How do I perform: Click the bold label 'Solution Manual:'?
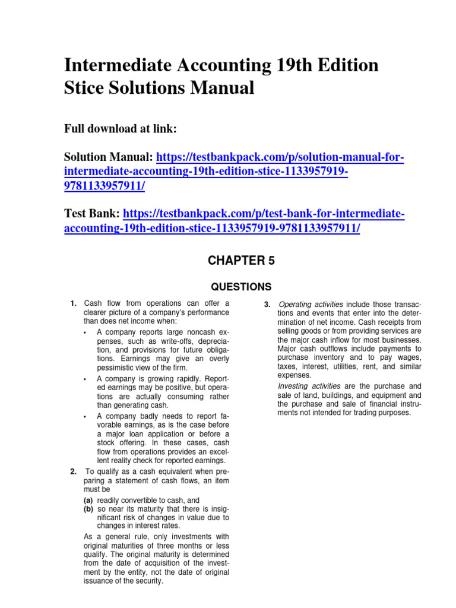click(109, 158)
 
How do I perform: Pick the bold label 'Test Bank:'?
click(91, 214)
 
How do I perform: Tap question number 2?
click(73, 472)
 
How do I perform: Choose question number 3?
click(267, 305)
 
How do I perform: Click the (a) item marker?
click(88, 500)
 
